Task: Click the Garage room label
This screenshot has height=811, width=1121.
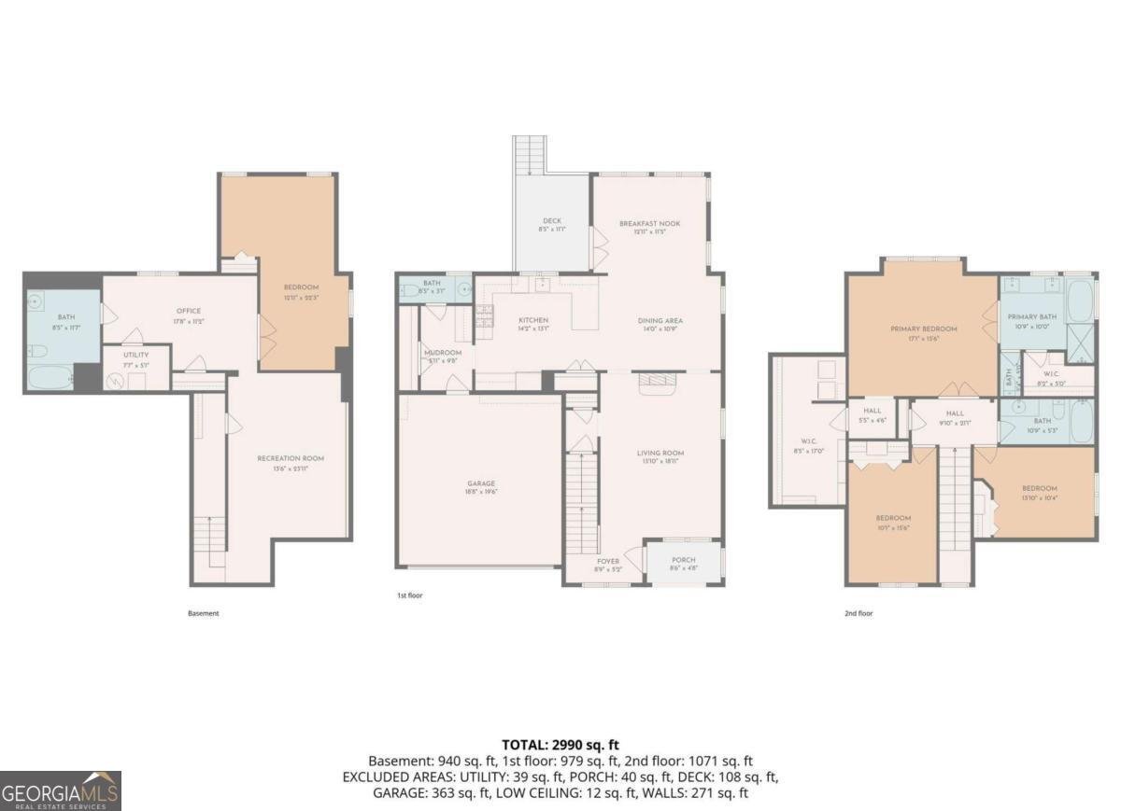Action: pos(481,483)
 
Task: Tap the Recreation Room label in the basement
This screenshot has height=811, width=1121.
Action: pos(291,458)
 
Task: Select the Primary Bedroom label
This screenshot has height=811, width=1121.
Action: pos(923,329)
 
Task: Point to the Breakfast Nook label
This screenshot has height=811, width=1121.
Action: pos(649,224)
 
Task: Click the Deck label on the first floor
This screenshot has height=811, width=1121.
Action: pos(551,220)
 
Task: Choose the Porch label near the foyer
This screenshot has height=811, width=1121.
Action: pos(683,560)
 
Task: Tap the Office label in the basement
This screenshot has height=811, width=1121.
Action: pos(189,312)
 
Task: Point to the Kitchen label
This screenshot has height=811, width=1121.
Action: pos(533,320)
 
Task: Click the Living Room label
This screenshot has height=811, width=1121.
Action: pos(660,453)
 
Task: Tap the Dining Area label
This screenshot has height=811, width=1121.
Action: pos(660,320)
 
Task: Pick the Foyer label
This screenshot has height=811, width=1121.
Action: pos(608,560)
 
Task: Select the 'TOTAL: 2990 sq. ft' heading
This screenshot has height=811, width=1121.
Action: pos(560,744)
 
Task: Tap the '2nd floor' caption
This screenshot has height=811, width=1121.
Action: pos(858,613)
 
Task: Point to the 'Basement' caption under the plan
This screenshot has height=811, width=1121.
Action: pos(203,613)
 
